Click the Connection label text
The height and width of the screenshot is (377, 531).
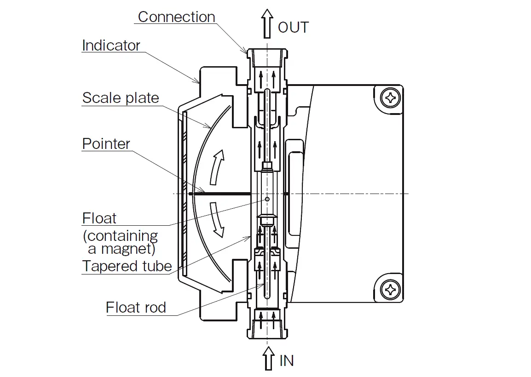click(176, 17)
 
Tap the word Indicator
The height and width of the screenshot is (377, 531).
click(111, 46)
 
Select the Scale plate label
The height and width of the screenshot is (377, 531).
click(121, 98)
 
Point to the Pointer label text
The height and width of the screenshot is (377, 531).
click(106, 143)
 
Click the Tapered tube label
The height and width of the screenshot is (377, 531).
click(127, 266)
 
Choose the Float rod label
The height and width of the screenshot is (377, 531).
click(136, 307)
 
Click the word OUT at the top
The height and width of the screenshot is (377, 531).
click(293, 28)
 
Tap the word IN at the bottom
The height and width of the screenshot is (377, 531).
click(287, 361)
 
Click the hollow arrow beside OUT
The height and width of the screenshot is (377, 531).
click(267, 23)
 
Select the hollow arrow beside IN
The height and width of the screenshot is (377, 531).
click(268, 358)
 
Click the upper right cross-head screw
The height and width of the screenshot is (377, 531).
click(391, 98)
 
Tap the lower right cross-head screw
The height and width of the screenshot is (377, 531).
click(391, 290)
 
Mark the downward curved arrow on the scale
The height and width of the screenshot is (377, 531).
click(217, 220)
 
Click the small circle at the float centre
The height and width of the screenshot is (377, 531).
click(267, 199)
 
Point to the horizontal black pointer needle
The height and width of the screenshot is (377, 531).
click(220, 194)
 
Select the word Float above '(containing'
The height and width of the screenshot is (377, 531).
click(99, 218)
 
